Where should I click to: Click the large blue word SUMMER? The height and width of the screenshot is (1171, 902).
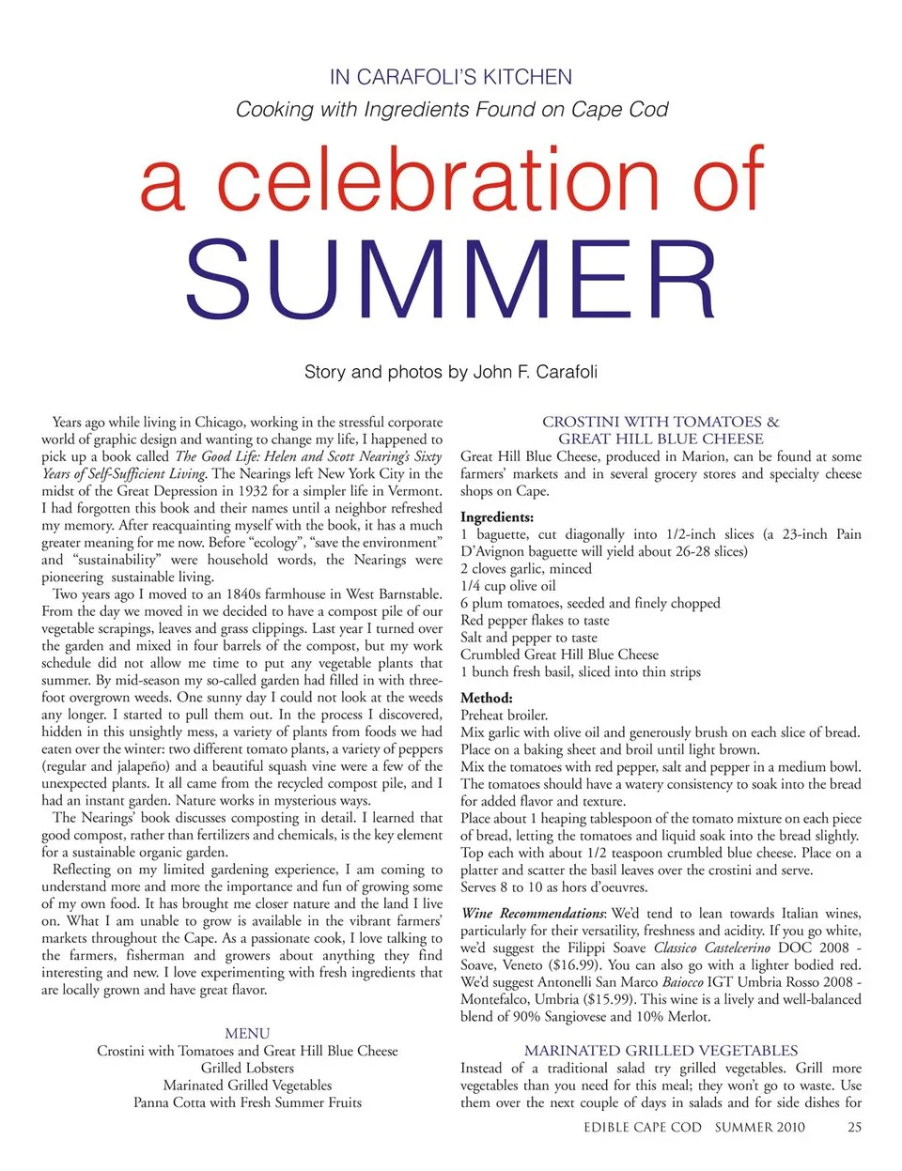pyautogui.click(x=451, y=279)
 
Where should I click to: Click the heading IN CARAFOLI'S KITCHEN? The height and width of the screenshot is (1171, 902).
pyautogui.click(x=451, y=77)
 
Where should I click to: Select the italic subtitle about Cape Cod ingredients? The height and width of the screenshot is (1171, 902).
pyautogui.click(x=451, y=110)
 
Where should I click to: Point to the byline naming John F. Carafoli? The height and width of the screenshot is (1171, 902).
pyautogui.click(x=451, y=372)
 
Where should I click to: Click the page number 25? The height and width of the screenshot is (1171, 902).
pyautogui.click(x=854, y=1127)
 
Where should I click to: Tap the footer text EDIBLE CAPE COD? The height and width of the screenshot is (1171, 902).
pyautogui.click(x=643, y=1127)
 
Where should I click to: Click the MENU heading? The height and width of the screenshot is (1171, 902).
pyautogui.click(x=247, y=1033)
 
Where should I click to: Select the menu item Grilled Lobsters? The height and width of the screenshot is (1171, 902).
pyautogui.click(x=247, y=1068)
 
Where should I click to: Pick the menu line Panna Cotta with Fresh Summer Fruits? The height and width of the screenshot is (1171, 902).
pyautogui.click(x=247, y=1102)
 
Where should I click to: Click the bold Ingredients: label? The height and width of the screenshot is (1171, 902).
pyautogui.click(x=497, y=517)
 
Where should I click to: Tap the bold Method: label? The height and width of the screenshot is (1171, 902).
pyautogui.click(x=487, y=699)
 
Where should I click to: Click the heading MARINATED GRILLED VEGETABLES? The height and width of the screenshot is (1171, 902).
pyautogui.click(x=661, y=1051)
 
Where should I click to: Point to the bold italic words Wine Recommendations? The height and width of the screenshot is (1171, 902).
pyautogui.click(x=533, y=914)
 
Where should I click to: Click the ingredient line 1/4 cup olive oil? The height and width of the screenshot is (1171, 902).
pyautogui.click(x=508, y=586)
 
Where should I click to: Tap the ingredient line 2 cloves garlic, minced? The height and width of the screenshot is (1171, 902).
pyautogui.click(x=526, y=569)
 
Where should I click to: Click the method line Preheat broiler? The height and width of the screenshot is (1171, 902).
pyautogui.click(x=504, y=716)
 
